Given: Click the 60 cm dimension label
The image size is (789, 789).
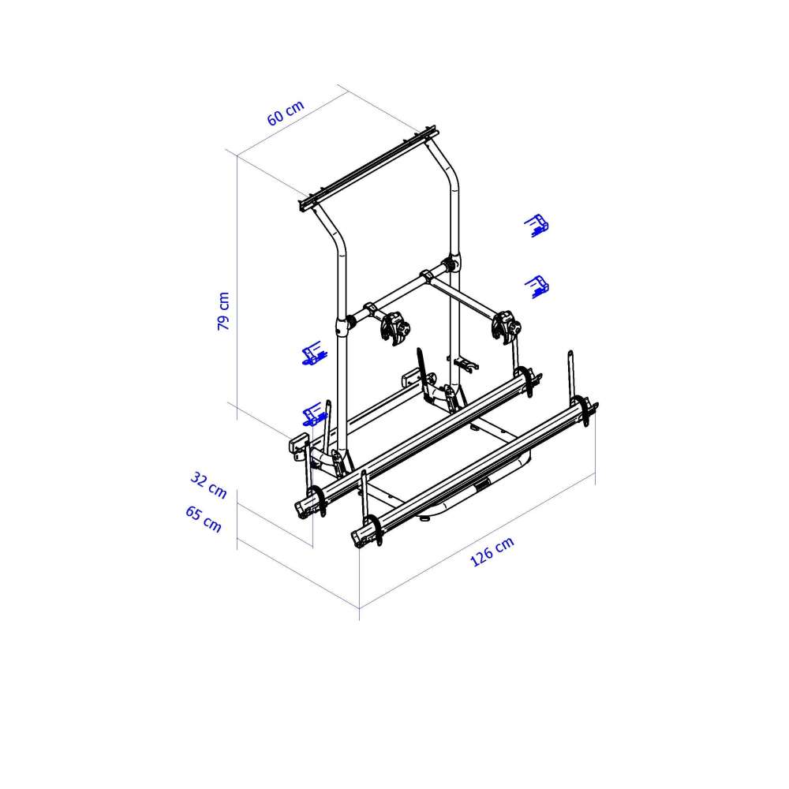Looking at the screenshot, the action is coord(286,113).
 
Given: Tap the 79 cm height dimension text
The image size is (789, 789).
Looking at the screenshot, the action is coord(223,311).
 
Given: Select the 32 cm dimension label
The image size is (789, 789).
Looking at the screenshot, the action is coord(208,485).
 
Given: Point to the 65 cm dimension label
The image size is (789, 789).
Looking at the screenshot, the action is coord(204,519).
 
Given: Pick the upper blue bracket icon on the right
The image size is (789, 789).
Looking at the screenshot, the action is coord(537,225).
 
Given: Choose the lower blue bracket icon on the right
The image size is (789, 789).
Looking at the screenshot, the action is coord(537,287).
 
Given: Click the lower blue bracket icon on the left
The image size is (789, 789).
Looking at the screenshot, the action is coord(314,414).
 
